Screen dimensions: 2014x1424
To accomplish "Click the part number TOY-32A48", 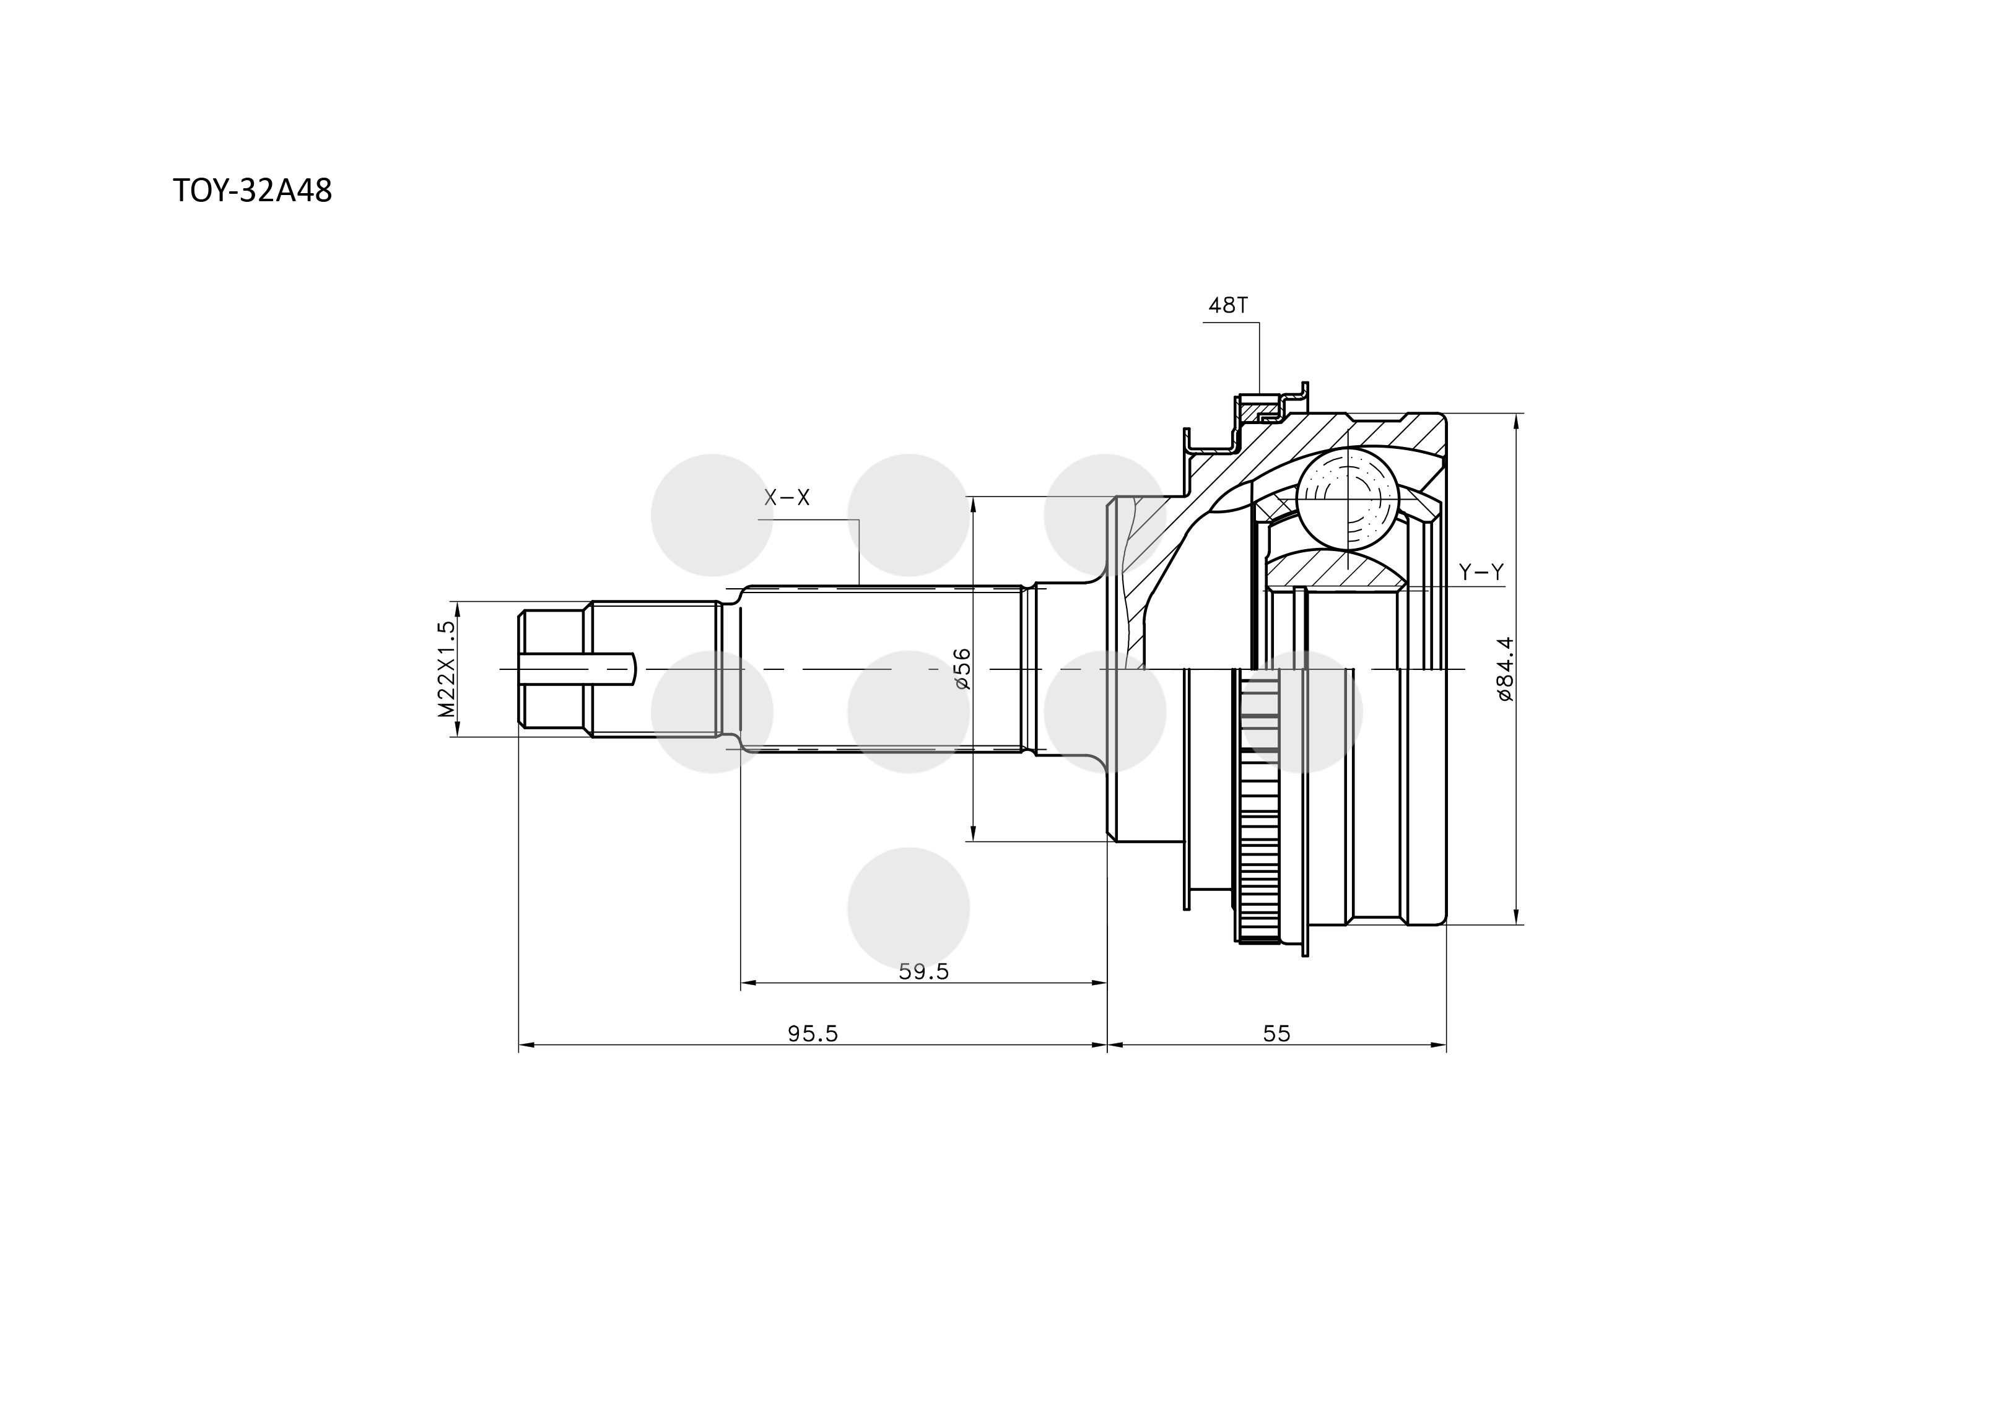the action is point(253,191).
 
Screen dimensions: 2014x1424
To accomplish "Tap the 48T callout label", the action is point(1228,305).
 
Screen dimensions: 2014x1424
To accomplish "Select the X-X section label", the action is point(787,498).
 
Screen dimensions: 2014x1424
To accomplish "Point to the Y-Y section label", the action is point(1481,573).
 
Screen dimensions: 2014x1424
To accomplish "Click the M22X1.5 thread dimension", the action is point(447,669).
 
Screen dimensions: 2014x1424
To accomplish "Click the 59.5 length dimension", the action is point(923,971).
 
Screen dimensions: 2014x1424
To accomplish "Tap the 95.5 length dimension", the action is point(813,1034).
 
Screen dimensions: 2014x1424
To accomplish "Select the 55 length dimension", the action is point(1276,1034).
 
